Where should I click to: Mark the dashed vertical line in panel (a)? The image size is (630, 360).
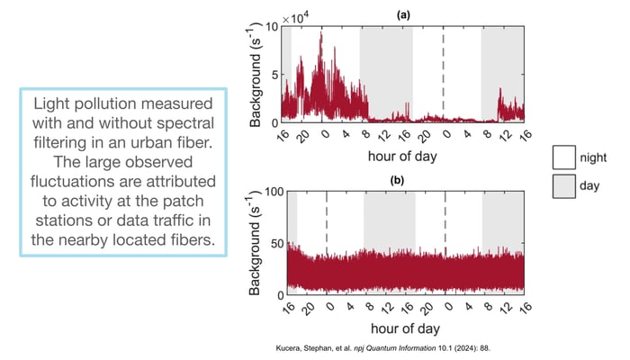(x=443, y=72)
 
